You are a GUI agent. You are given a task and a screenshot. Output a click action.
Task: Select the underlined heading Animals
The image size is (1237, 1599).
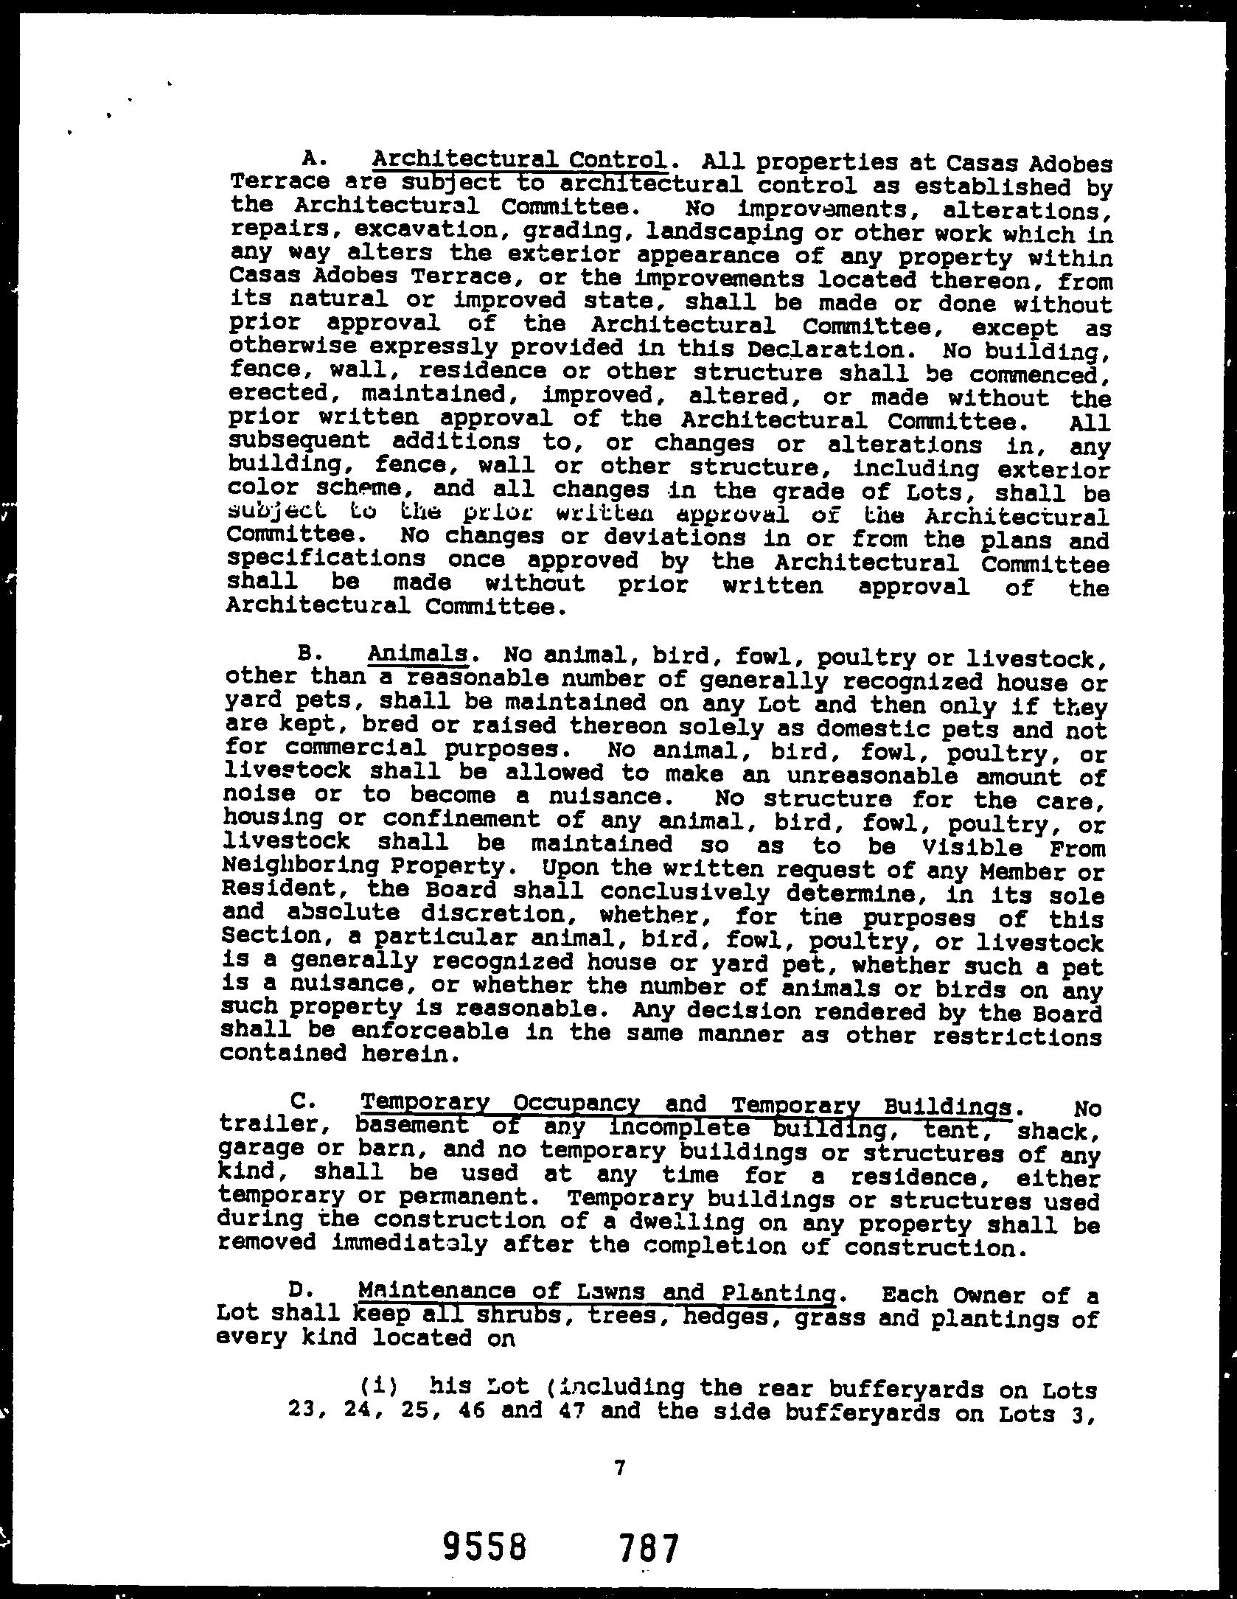tap(417, 654)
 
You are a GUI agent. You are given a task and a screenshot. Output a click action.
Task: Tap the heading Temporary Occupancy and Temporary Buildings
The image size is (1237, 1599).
tap(685, 1104)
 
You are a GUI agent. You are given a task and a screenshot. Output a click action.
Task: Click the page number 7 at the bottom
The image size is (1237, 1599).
tap(618, 1469)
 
